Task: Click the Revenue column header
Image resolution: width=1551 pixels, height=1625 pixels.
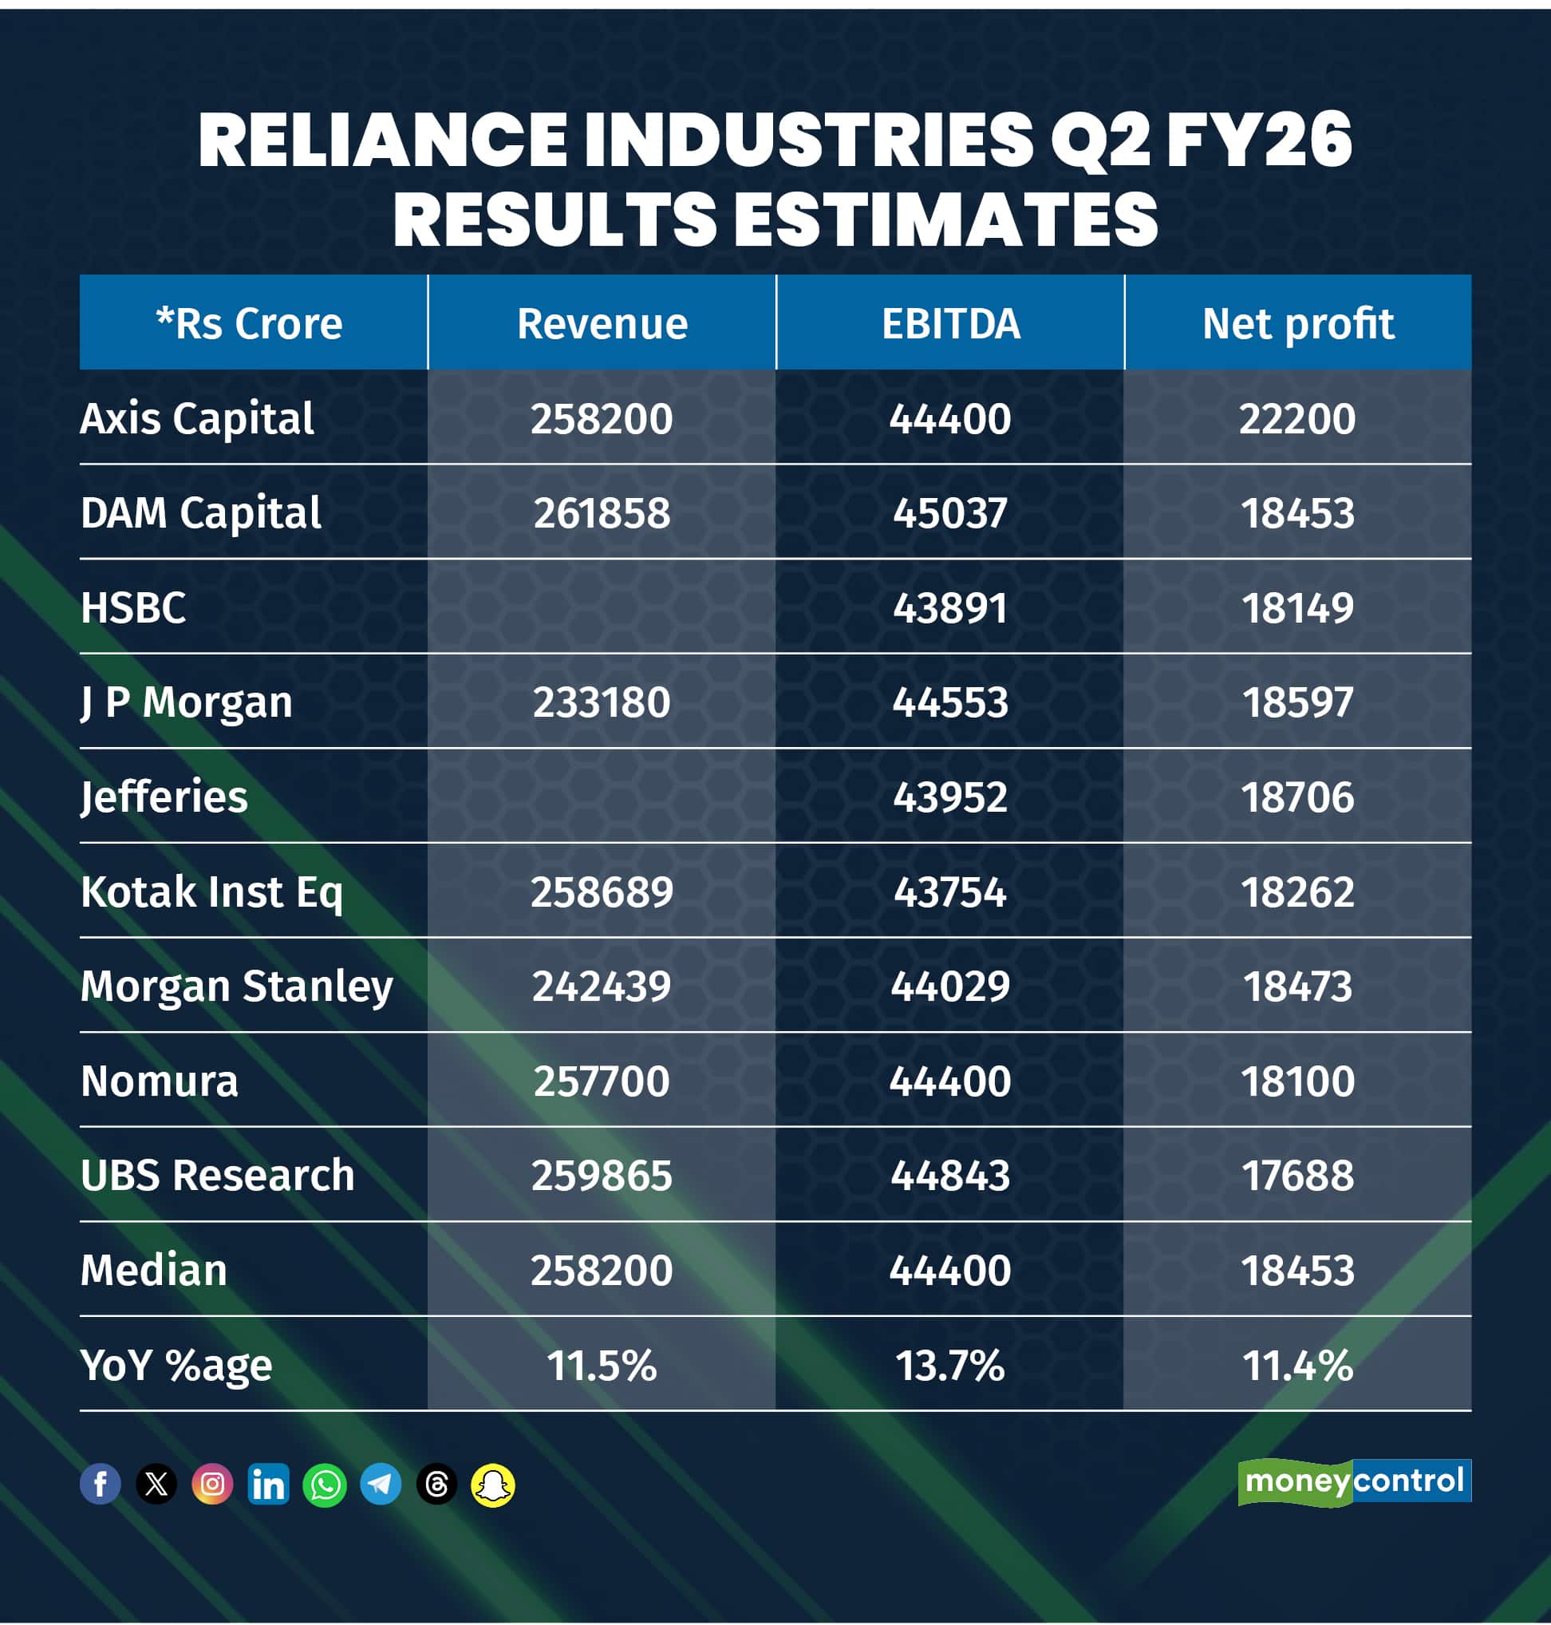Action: coord(602,323)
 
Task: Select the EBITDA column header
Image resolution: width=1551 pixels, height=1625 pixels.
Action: coord(950,323)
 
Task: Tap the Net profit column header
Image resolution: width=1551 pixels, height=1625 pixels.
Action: coord(1297,323)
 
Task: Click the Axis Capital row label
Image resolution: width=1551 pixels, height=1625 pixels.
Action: coord(197,418)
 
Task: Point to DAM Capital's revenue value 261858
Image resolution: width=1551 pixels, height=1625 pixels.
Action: coord(602,512)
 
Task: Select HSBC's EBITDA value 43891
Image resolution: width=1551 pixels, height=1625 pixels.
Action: coord(950,608)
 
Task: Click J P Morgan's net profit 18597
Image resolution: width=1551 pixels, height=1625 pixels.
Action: coord(1297,702)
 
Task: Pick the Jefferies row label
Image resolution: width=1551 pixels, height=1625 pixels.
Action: coord(164,797)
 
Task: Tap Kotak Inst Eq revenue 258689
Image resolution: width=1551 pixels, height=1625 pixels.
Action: coord(602,892)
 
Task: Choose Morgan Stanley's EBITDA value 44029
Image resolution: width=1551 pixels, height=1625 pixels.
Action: coord(950,986)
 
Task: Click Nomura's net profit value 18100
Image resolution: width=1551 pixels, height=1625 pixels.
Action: coord(1297,1081)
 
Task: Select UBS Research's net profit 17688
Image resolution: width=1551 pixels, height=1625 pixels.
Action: coord(1297,1175)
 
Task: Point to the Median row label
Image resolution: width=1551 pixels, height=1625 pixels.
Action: coord(154,1270)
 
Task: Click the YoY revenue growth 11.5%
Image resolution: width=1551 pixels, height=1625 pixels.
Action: coord(602,1365)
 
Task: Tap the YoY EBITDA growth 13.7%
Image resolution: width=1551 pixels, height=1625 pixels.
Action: coord(950,1365)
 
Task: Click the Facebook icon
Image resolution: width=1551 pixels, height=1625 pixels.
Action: coord(100,1485)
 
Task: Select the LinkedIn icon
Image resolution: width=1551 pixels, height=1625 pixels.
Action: coord(269,1485)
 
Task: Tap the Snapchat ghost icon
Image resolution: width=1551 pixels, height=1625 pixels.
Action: coord(493,1485)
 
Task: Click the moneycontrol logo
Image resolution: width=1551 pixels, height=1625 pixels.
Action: coord(1353,1481)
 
